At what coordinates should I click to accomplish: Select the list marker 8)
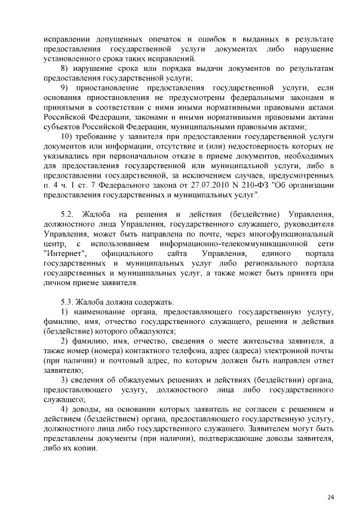click(64, 69)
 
